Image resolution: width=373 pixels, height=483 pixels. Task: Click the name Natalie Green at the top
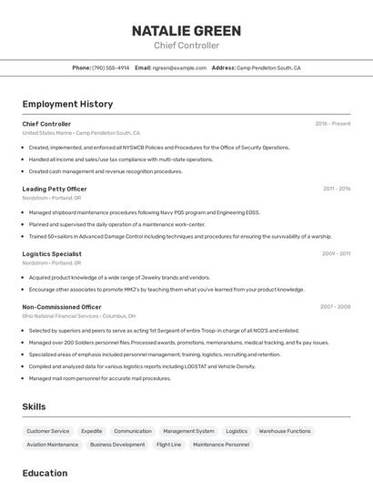pyautogui.click(x=186, y=30)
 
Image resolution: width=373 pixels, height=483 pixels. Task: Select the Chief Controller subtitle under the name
pyautogui.click(x=186, y=46)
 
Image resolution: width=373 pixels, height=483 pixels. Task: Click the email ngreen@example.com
pyautogui.click(x=179, y=67)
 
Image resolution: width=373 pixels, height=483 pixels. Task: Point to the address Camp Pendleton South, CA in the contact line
pyautogui.click(x=268, y=67)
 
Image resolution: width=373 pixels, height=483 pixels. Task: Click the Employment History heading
pyautogui.click(x=67, y=104)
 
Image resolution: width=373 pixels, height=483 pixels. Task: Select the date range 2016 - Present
pyautogui.click(x=332, y=123)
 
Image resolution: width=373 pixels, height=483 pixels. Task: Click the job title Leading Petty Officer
pyautogui.click(x=55, y=189)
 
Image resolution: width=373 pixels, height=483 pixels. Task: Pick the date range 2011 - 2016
pyautogui.click(x=336, y=189)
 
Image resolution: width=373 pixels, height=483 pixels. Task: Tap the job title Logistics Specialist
pyautogui.click(x=52, y=253)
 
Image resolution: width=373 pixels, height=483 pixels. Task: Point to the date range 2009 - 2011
pyautogui.click(x=336, y=253)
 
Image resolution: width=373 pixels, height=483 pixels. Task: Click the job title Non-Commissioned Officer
pyautogui.click(x=62, y=307)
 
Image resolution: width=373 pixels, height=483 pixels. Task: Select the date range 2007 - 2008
pyautogui.click(x=335, y=307)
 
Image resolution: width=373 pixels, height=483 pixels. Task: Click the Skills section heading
pyautogui.click(x=35, y=406)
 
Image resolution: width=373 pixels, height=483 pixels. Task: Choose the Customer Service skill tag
pyautogui.click(x=48, y=431)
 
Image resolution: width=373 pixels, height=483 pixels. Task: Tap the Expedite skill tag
pyautogui.click(x=92, y=431)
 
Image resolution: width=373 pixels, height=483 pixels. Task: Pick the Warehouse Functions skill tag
pyautogui.click(x=285, y=431)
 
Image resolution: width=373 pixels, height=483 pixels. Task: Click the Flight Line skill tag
pyautogui.click(x=169, y=445)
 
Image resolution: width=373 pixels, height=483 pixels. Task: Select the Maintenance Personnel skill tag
pyautogui.click(x=221, y=445)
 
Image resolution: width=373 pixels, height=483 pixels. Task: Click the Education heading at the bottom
pyautogui.click(x=45, y=473)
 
